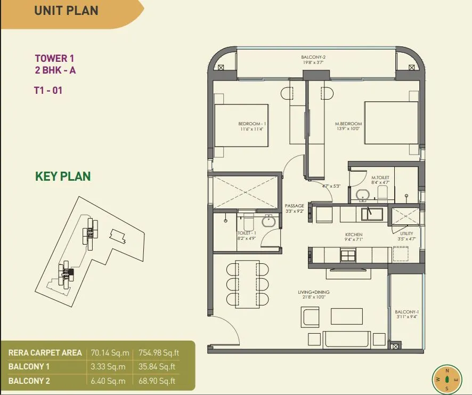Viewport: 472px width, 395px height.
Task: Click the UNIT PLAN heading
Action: (x=66, y=11)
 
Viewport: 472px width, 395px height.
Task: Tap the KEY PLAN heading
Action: (x=63, y=176)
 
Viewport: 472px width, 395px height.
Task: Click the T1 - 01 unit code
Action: (x=48, y=91)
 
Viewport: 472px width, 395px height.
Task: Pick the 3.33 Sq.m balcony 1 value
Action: (x=108, y=367)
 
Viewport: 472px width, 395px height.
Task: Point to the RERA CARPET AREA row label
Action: (x=45, y=353)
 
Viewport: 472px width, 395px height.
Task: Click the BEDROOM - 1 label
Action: (x=252, y=124)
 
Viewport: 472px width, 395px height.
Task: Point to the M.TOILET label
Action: (x=380, y=178)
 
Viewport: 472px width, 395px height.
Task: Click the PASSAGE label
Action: (x=295, y=205)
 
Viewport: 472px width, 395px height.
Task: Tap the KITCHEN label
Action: (x=353, y=235)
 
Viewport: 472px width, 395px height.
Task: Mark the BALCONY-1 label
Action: (x=406, y=312)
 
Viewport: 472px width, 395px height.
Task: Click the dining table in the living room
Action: (x=247, y=284)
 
